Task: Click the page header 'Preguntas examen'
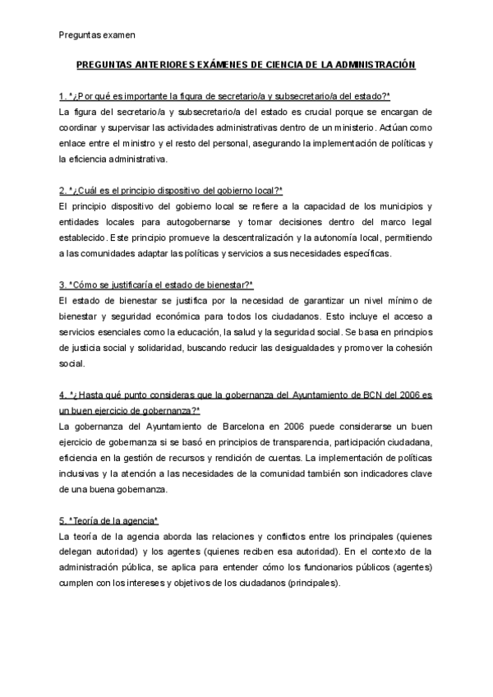[98, 35]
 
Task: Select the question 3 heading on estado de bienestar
[156, 284]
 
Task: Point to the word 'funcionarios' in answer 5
[342, 568]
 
